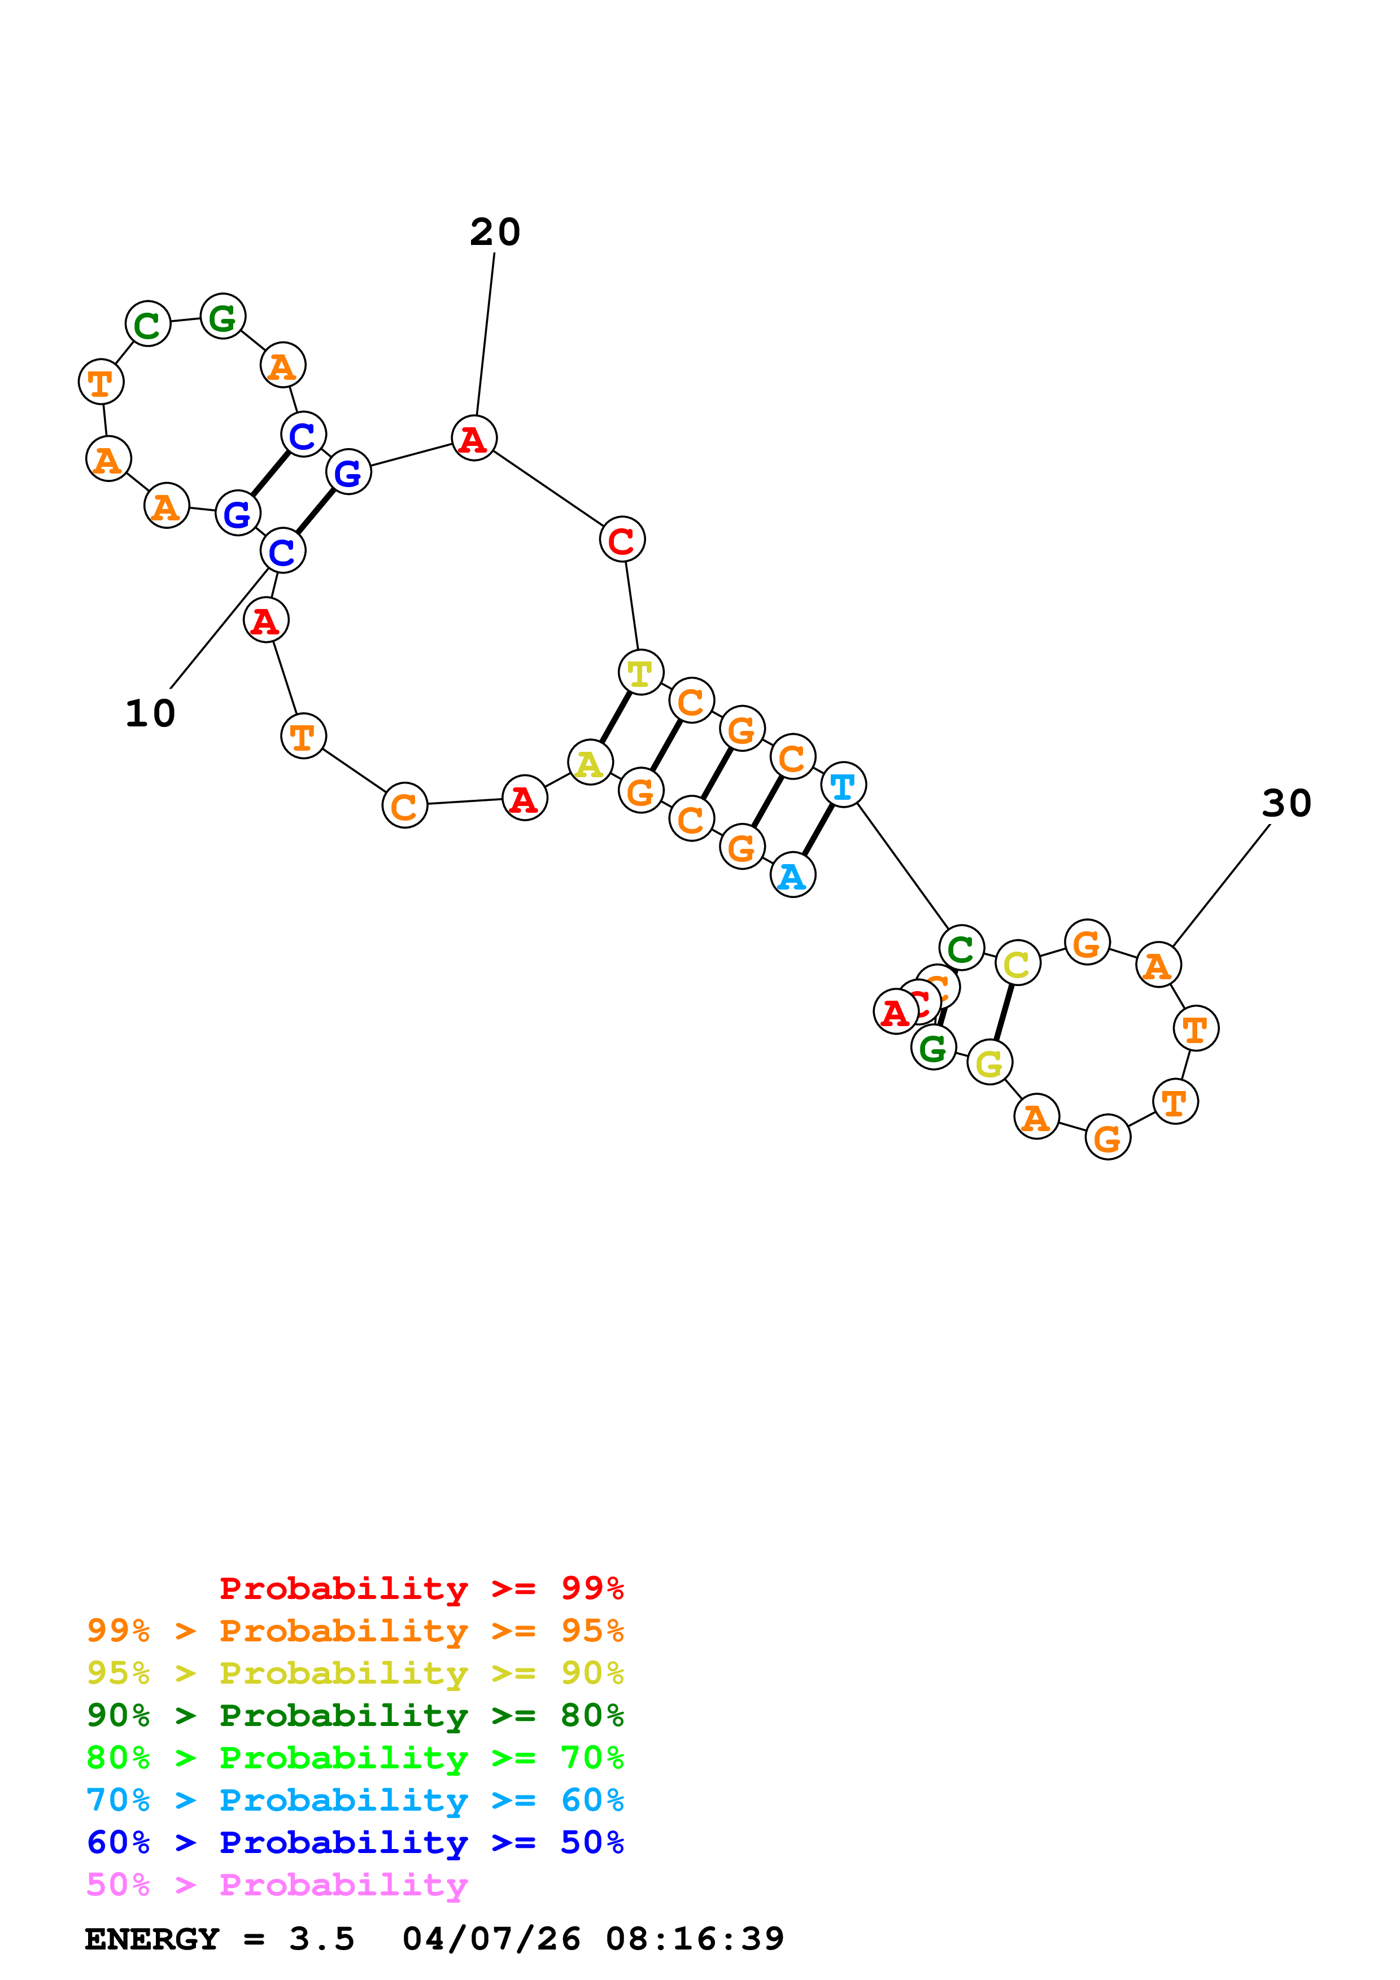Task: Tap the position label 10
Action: click(150, 713)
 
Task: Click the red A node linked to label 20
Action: click(474, 438)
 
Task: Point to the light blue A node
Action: click(792, 875)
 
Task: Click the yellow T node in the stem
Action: click(640, 673)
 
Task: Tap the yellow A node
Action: click(590, 763)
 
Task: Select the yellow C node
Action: click(1017, 963)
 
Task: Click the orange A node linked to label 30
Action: click(1158, 965)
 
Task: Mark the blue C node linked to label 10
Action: click(282, 551)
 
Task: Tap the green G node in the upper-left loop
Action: click(223, 317)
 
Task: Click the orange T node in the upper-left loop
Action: click(101, 382)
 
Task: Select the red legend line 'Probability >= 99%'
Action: click(421, 1588)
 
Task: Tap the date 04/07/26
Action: click(491, 1939)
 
